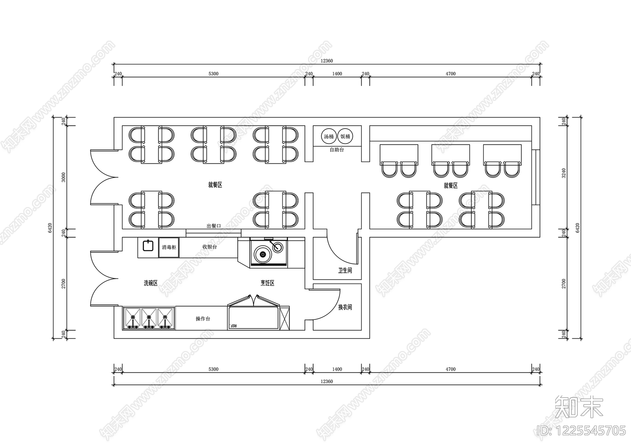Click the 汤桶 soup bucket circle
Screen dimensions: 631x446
[x=329, y=136]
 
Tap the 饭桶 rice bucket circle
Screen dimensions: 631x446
[x=345, y=136]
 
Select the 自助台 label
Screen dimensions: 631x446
[x=337, y=150]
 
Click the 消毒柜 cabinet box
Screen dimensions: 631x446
[x=169, y=247]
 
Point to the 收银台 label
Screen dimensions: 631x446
[x=209, y=247]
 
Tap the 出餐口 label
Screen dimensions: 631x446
[x=213, y=226]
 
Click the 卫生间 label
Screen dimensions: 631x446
[x=345, y=271]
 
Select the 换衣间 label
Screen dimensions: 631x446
[x=345, y=307]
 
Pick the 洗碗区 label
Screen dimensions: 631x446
[x=150, y=283]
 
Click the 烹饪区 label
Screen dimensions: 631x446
[x=267, y=283]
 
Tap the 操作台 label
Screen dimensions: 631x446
[x=203, y=319]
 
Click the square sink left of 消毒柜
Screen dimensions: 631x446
[x=148, y=245]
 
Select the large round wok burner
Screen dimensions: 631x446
[x=263, y=254]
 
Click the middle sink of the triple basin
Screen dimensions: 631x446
[x=149, y=318]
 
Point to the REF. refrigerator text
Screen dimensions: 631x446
[x=233, y=326]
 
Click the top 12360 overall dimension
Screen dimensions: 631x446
[x=327, y=61]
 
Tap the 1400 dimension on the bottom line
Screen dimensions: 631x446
[x=337, y=369]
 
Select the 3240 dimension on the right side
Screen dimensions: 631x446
[x=564, y=173]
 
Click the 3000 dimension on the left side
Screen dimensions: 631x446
[x=63, y=177]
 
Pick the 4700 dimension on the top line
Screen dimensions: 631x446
[x=450, y=74]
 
